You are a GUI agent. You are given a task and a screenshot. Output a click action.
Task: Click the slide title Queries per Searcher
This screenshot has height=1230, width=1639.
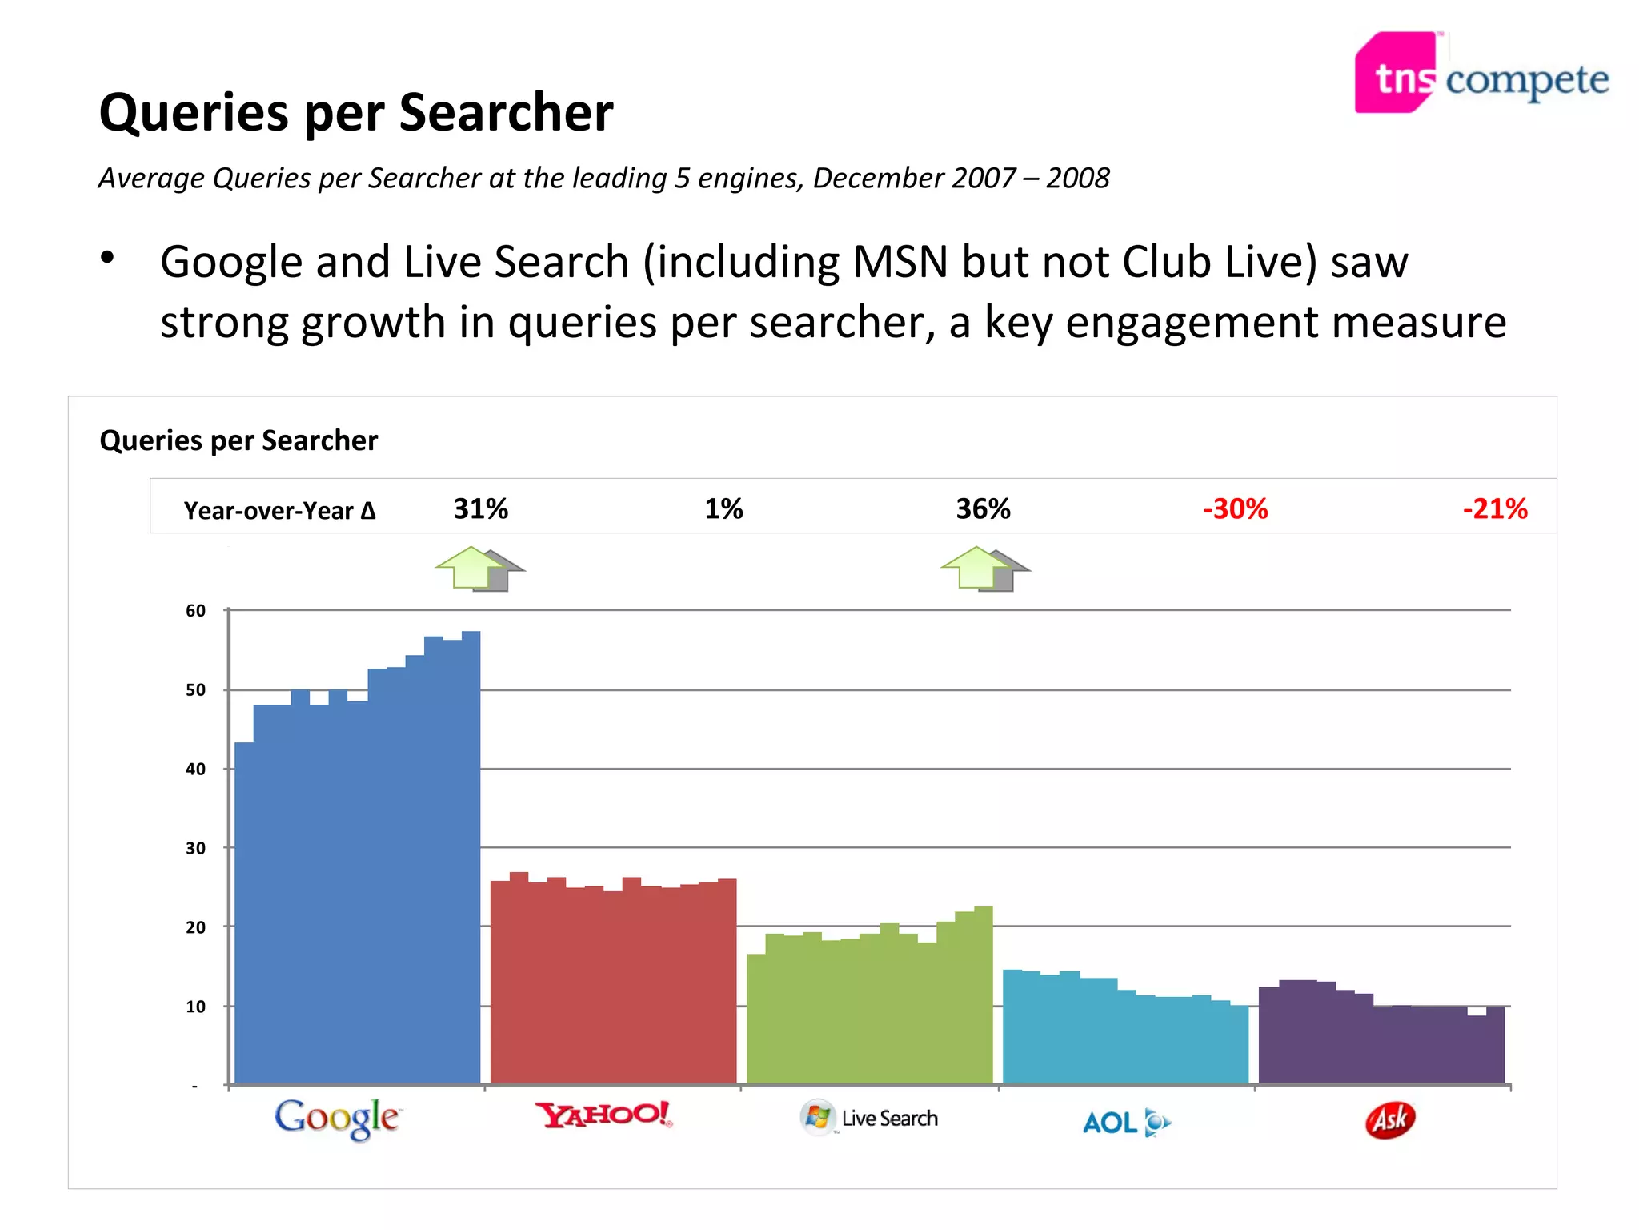356,112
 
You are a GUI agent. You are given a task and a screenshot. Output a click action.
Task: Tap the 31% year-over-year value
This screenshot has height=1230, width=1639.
480,508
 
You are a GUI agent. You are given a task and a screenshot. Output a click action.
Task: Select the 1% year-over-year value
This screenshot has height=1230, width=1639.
723,508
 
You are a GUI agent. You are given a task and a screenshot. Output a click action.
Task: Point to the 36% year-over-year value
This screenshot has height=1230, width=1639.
983,508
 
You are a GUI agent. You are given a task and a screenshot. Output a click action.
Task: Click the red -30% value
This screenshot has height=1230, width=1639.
1235,508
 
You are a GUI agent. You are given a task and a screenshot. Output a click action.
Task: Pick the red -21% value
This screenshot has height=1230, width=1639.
1494,508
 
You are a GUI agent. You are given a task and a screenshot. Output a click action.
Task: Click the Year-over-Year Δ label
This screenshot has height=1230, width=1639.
279,510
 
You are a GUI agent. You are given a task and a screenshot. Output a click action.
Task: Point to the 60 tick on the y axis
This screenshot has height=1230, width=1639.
195,611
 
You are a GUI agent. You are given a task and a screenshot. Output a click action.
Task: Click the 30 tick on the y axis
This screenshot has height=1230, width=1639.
195,848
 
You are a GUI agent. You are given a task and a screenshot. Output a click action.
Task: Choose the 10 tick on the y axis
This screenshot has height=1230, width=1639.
195,1007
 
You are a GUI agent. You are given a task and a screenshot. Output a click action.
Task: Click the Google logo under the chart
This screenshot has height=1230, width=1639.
338,1118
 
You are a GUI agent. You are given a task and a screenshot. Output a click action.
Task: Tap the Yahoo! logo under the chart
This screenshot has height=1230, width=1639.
604,1115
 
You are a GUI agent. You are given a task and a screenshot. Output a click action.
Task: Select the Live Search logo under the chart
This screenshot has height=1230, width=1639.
869,1118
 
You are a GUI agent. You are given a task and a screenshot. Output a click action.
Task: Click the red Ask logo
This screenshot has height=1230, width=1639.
1390,1119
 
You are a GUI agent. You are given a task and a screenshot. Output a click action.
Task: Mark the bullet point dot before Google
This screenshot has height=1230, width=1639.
108,258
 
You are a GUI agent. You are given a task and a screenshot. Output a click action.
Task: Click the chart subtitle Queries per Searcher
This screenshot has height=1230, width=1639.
238,440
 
